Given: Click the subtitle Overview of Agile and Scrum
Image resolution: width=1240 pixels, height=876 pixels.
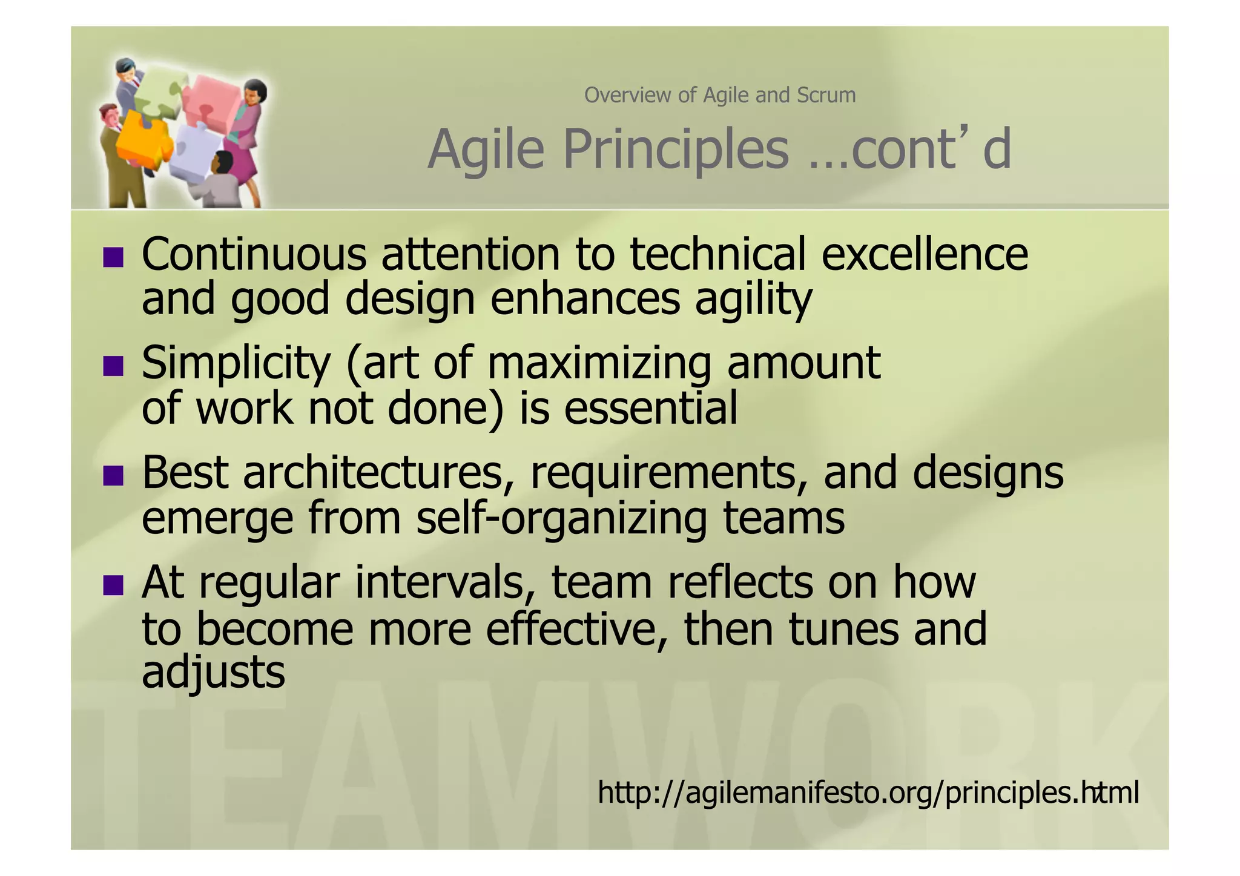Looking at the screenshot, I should pos(719,95).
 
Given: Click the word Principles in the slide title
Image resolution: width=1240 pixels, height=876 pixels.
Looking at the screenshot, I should pos(676,150).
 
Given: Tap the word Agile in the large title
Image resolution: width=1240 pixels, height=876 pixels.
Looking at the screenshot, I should pos(486,150).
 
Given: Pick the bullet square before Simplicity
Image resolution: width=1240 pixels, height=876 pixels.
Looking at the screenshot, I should pos(113,366).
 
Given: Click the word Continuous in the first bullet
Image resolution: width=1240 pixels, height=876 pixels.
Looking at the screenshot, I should pos(254,254).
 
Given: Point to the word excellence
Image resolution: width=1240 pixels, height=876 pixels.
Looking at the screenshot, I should pos(925,254).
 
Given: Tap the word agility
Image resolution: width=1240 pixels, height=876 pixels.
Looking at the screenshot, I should pos(753,299).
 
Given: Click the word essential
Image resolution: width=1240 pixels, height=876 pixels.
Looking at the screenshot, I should pos(651,408).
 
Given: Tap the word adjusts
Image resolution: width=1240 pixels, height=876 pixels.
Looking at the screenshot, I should pos(213,672).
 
